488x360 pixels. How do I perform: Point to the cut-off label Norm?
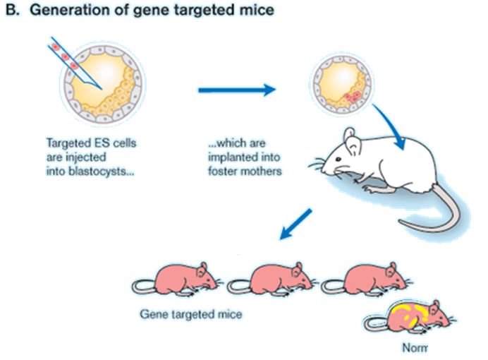pyautogui.click(x=414, y=347)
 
